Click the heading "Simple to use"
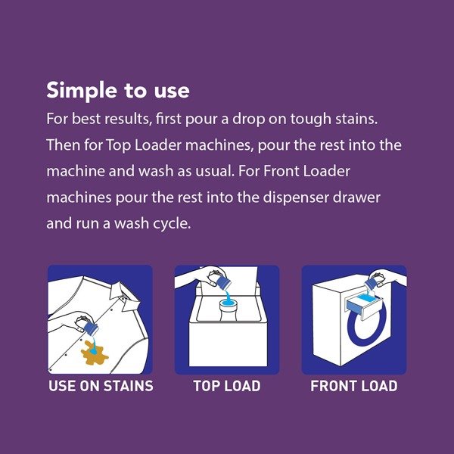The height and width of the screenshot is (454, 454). coord(118,90)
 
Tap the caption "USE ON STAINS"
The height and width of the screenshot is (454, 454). coord(101,386)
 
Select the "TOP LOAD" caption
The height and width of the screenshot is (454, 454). coord(227,386)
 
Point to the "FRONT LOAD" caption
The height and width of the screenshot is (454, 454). coord(354,386)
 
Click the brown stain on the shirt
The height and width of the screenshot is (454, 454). coord(94,353)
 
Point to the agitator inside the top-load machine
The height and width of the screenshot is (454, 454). coord(229,310)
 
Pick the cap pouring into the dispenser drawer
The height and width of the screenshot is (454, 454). coord(371,283)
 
